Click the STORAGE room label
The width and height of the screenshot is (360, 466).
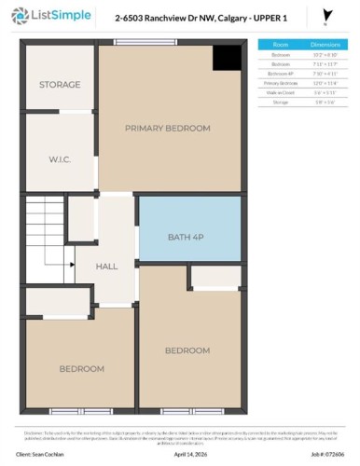point(59,85)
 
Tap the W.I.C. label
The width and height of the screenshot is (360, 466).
point(59,159)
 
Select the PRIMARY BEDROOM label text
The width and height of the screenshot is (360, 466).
point(168,129)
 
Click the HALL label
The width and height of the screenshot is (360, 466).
point(107,267)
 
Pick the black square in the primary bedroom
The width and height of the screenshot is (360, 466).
point(226,56)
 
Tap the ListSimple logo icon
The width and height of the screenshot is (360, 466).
point(16,17)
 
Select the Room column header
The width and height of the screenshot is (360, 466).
point(279,44)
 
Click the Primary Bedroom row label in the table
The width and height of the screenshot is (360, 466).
point(279,82)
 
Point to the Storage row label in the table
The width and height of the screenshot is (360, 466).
point(279,101)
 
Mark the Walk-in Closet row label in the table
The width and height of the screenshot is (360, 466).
point(279,91)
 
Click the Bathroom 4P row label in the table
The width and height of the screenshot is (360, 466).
point(279,73)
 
